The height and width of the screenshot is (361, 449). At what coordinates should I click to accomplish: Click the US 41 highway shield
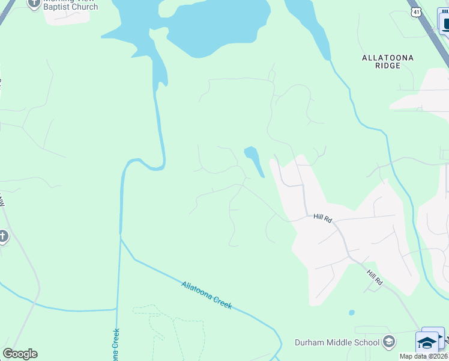416,12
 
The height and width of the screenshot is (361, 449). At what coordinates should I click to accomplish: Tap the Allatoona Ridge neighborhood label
388,61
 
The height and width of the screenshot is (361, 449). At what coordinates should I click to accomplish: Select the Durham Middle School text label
337,343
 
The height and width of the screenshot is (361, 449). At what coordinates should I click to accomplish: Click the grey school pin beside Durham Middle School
388,342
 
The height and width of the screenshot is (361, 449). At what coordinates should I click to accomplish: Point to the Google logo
20,354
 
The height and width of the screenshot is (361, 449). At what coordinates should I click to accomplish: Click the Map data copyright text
424,356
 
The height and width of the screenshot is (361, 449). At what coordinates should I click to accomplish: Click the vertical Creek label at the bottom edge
115,346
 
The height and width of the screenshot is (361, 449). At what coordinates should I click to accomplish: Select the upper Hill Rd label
322,218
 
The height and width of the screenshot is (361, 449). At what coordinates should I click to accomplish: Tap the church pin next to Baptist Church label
34,3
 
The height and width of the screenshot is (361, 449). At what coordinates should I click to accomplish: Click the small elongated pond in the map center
255,160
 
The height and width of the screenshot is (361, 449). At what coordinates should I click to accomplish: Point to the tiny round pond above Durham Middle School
351,313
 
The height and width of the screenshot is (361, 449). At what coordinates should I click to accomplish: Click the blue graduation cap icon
427,343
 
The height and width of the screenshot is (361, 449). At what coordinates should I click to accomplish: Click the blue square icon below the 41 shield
445,25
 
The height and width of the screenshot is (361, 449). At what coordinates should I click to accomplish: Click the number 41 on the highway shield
416,13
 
